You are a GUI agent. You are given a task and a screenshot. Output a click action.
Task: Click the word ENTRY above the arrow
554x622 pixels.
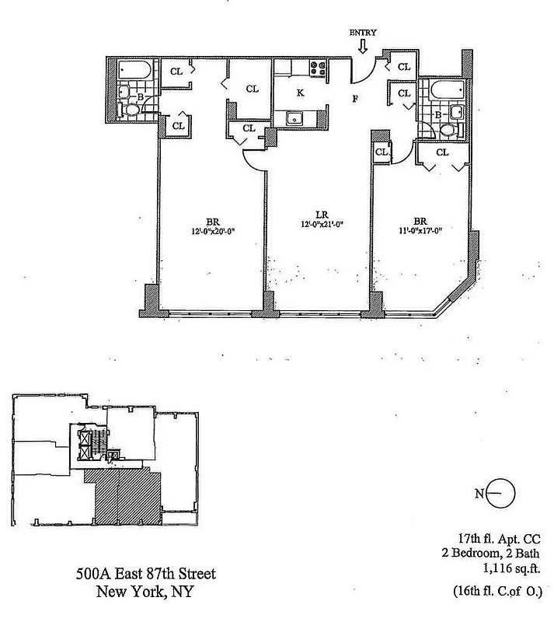pos(363,32)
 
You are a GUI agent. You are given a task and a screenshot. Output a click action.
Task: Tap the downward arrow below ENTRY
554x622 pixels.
pos(363,47)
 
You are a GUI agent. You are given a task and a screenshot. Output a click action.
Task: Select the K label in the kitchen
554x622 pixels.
pos(300,92)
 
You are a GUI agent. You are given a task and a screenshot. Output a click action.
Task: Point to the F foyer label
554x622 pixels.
pos(355,99)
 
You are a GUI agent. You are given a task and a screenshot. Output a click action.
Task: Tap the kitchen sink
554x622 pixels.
pos(295,118)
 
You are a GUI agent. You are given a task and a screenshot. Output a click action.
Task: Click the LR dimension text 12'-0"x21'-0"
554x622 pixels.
pos(322,224)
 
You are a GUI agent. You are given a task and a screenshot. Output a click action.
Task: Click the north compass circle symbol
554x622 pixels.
pos(503,492)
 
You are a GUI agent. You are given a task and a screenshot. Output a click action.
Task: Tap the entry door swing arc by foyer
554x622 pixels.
pos(362,72)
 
